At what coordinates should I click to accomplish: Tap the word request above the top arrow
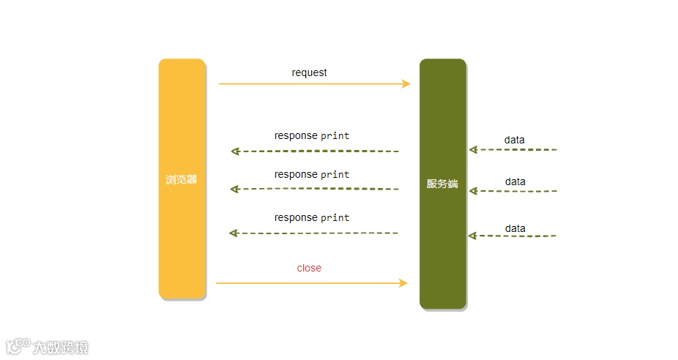point(309,72)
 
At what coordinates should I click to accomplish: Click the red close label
point(309,268)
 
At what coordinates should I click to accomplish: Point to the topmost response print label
point(312,135)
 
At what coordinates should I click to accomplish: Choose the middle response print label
point(312,174)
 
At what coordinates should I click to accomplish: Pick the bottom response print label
point(312,217)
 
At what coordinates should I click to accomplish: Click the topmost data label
point(514,140)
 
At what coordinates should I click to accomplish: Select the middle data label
point(515,181)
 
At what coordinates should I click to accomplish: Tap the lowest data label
point(515,228)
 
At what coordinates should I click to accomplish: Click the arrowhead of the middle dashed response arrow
point(234,189)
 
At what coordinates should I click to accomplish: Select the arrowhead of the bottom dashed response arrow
point(234,233)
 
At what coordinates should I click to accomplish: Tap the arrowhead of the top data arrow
point(473,150)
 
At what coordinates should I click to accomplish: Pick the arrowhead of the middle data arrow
point(473,191)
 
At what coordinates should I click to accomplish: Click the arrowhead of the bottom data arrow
point(472,236)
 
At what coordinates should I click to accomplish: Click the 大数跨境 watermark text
point(60,347)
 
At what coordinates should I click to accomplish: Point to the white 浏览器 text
point(181,179)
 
